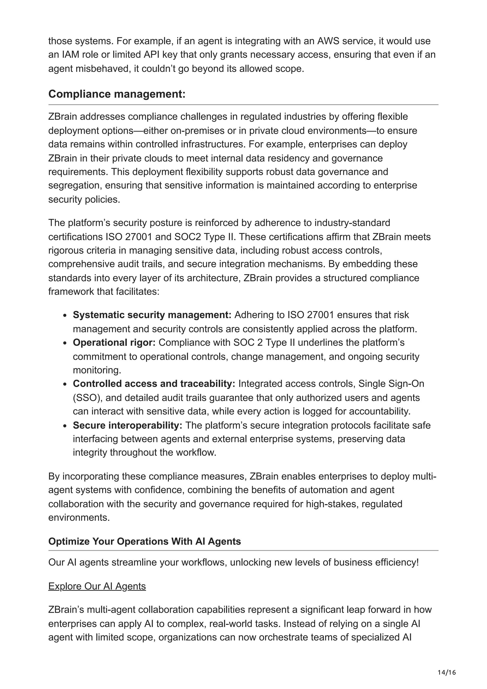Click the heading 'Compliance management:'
[x=117, y=94]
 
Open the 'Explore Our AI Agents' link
[x=97, y=586]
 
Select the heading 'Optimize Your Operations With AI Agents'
[x=144, y=541]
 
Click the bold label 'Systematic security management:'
[x=152, y=315]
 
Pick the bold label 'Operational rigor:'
[x=114, y=342]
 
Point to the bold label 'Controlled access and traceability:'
[x=154, y=383]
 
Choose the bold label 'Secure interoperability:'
[x=127, y=425]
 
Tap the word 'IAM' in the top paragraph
[x=69, y=55]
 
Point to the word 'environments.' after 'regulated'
[x=79, y=517]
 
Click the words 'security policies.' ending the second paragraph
[x=84, y=199]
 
